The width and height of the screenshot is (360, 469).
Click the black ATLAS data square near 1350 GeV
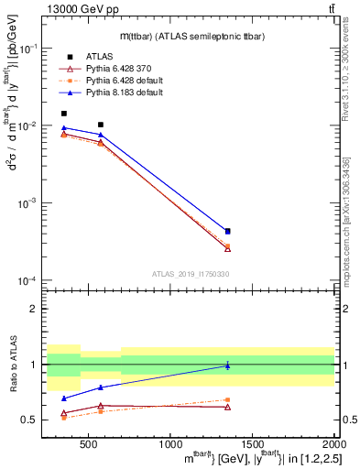(227, 232)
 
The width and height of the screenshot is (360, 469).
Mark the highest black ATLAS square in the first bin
(64, 114)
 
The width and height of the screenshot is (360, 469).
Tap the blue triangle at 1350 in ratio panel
(227, 365)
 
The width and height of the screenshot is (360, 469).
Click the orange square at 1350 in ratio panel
(227, 399)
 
